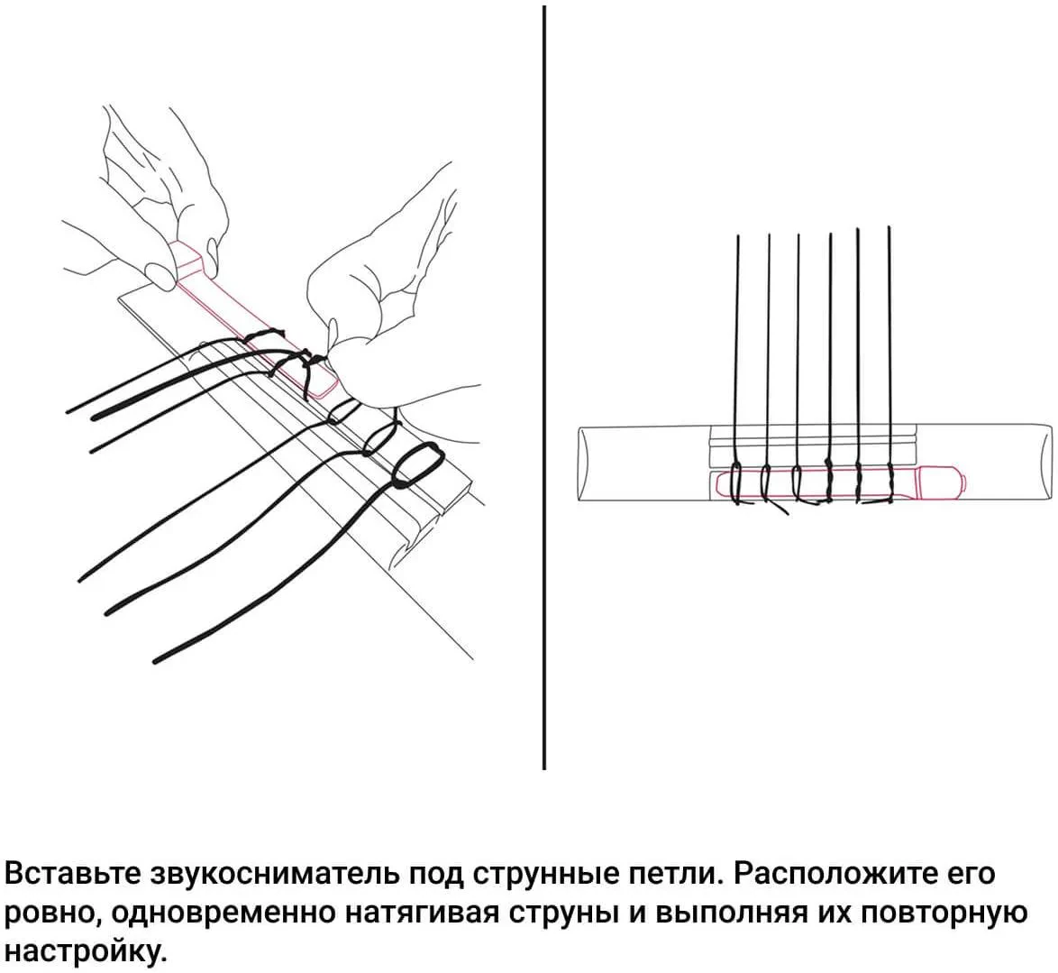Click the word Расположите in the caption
[x=831, y=875]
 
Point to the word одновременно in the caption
[x=224, y=913]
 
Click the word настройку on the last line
[x=86, y=951]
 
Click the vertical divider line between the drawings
[x=544, y=388]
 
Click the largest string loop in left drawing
[x=416, y=465]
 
